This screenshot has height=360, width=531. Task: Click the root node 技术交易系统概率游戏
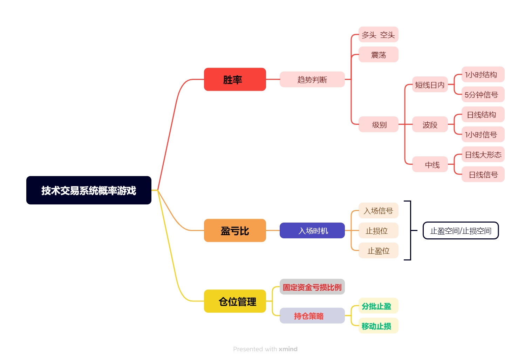tap(89, 190)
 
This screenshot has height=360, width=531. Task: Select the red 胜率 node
tap(235, 80)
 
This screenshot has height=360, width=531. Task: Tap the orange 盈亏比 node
tap(235, 231)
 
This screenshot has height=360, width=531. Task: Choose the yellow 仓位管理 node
tap(235, 301)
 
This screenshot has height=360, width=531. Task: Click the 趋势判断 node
tap(312, 80)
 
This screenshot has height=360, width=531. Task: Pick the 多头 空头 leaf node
tap(378, 35)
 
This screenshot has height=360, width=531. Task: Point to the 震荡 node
tap(378, 55)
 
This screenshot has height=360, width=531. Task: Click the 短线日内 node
tap(430, 84)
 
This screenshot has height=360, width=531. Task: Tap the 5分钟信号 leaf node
tap(483, 95)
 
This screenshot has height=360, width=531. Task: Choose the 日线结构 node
tap(483, 115)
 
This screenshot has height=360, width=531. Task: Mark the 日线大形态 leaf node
tap(483, 155)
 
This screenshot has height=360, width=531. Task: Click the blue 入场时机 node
tap(312, 231)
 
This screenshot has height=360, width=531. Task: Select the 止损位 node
tap(378, 231)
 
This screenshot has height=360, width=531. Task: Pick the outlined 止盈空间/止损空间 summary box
tap(461, 231)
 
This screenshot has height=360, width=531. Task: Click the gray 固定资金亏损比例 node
tap(312, 287)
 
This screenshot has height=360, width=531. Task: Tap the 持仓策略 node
tap(312, 316)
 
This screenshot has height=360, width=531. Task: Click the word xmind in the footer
tap(288, 349)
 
